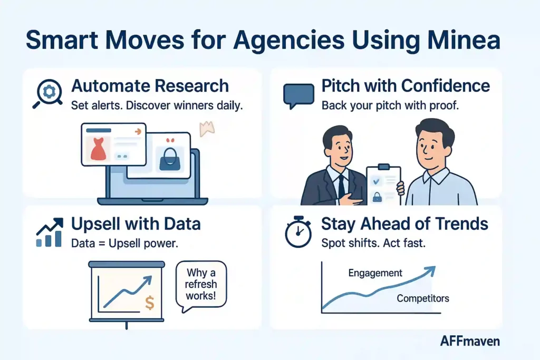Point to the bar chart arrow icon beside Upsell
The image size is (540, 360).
pos(49,232)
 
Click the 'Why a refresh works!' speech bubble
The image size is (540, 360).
pos(201,285)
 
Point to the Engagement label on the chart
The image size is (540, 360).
pos(375,273)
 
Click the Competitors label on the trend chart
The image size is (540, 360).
pos(422,298)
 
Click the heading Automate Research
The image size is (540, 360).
pos(150,86)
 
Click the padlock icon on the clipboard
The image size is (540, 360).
pos(378,197)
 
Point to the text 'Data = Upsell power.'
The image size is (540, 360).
pos(122,244)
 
